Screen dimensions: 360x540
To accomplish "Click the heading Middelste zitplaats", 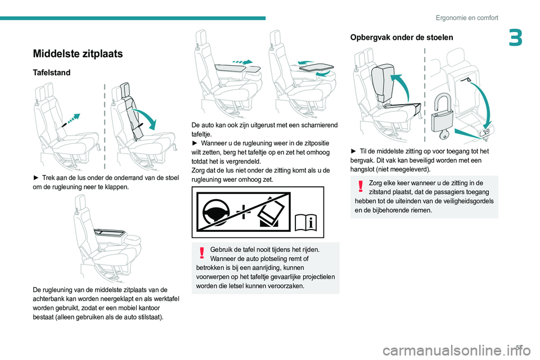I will pyautogui.click(x=77, y=54).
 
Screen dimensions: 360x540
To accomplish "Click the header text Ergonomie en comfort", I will pyautogui.click(x=467, y=17).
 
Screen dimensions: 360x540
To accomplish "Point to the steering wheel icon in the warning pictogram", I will pyautogui.click(x=216, y=213).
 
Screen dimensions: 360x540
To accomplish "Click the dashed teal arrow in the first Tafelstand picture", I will pyautogui.click(x=71, y=119).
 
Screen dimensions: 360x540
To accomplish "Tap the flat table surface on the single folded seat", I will pyautogui.click(x=112, y=232).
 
